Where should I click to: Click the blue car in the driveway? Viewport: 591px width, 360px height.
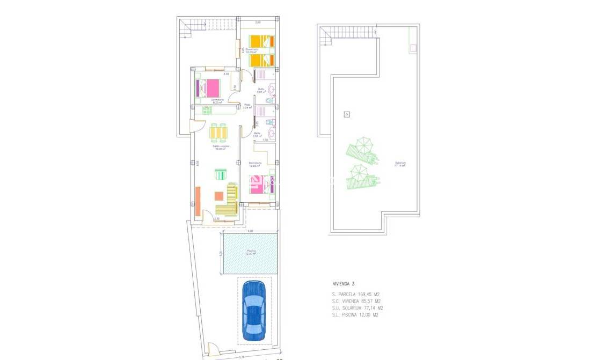click(253, 311)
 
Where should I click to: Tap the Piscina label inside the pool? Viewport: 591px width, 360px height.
click(251, 252)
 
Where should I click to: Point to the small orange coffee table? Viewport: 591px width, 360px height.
click(219, 196)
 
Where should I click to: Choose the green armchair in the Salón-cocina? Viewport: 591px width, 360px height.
click(221, 174)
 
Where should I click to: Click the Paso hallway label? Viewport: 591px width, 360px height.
click(247, 106)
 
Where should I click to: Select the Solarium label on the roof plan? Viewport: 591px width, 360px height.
click(400, 163)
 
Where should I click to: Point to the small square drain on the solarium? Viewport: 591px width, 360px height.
click(347, 114)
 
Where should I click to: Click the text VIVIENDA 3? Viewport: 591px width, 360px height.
click(344, 283)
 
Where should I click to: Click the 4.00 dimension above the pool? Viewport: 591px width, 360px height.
click(251, 231)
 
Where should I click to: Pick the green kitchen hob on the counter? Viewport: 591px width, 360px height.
click(207, 111)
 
